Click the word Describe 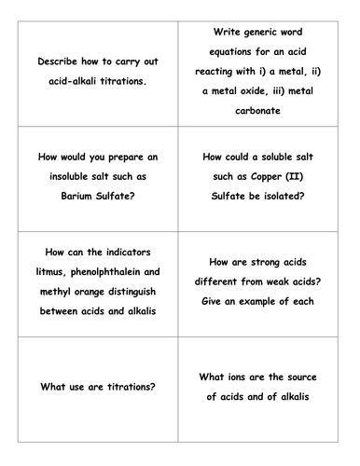(x=59, y=61)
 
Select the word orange (x=91, y=291)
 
